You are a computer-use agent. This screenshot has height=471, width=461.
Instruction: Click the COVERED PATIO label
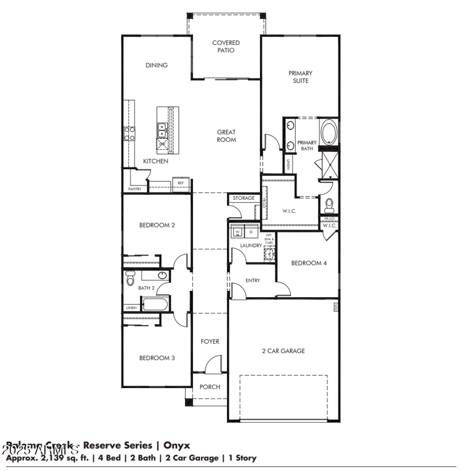point(226,47)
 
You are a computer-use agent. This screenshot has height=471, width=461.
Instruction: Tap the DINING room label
point(157,65)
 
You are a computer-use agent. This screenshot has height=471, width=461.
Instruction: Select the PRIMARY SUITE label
point(300,77)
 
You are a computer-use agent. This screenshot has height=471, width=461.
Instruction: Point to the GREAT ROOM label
point(226,136)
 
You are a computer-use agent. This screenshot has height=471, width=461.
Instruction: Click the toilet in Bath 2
point(130,278)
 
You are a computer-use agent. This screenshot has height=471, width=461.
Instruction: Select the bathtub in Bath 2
point(154,305)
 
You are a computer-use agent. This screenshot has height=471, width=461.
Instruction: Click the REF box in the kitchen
point(180,183)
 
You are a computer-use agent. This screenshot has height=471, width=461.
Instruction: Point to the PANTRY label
point(134,189)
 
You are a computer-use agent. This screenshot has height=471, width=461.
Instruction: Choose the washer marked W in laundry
point(237,232)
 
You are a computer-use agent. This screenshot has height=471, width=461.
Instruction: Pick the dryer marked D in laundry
point(251,232)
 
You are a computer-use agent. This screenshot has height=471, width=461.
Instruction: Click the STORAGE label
point(244,198)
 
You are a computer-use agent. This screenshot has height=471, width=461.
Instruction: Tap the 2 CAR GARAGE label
point(284,351)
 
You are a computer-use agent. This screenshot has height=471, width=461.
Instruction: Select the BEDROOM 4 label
point(309,263)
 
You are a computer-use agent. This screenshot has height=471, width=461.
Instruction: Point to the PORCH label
point(210,387)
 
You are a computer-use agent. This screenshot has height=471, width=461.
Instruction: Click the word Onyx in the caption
point(176,445)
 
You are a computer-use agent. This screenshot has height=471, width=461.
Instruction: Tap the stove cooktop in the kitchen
point(129,134)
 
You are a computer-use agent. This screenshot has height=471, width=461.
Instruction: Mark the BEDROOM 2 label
point(157,225)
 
